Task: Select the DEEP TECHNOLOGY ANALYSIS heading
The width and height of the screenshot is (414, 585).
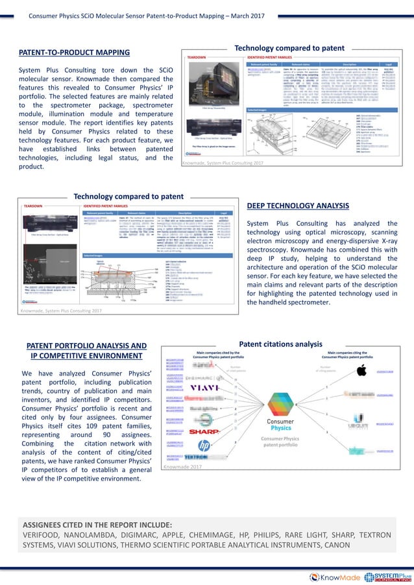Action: coord(298,206)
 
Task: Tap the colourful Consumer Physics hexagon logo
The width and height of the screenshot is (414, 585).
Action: coord(280,403)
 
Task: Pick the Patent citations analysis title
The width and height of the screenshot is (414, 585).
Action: coord(280,344)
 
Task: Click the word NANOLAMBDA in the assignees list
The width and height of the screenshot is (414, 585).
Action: coord(90,535)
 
